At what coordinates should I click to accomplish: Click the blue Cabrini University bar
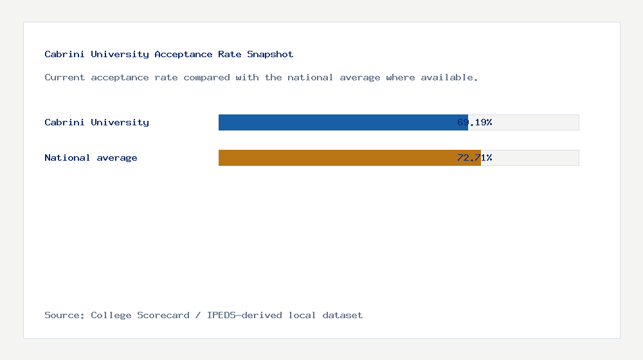click(x=334, y=122)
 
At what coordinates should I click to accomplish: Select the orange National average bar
click(x=341, y=157)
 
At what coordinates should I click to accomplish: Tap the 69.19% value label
click(x=475, y=122)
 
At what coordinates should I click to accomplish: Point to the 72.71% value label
click(x=475, y=157)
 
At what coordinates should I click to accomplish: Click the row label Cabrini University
click(x=96, y=122)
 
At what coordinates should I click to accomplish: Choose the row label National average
click(x=91, y=157)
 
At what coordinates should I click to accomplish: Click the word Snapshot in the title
click(x=270, y=54)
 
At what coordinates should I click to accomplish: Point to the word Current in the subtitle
click(x=64, y=77)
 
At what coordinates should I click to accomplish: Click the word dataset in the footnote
click(x=343, y=315)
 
